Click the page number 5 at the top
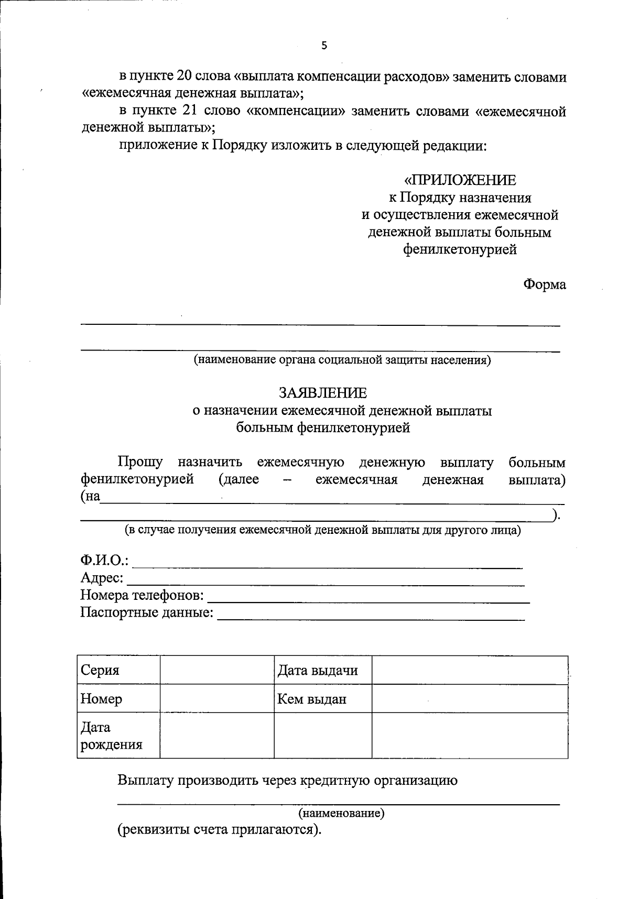(324, 46)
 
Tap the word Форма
(545, 284)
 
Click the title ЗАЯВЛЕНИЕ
(323, 393)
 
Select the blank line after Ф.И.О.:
(328, 564)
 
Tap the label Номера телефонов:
(142, 595)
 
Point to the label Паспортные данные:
(147, 612)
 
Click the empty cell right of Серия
(217, 670)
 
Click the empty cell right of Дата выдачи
(470, 670)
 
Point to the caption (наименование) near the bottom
(341, 813)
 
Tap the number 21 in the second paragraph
(187, 111)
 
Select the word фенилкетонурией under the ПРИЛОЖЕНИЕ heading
(460, 249)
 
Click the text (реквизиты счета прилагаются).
(219, 830)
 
